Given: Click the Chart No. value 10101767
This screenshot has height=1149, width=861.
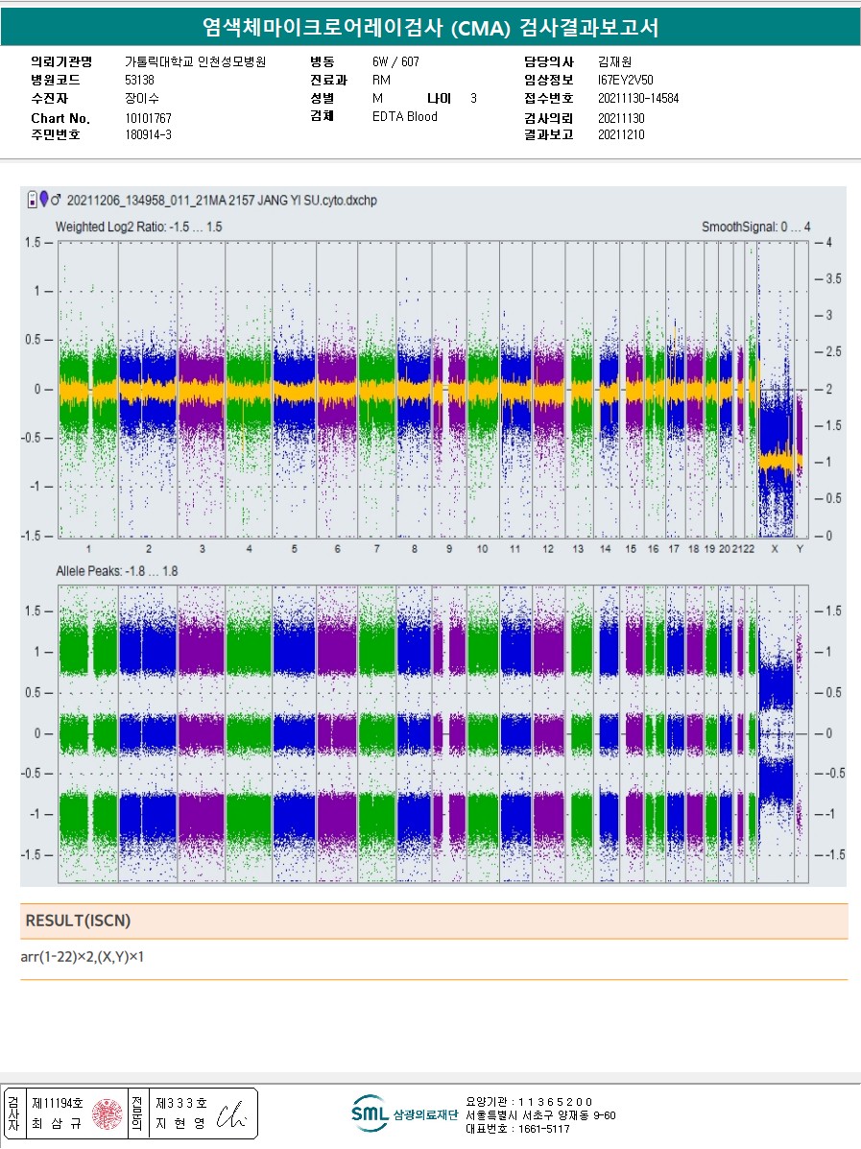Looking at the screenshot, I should tap(148, 118).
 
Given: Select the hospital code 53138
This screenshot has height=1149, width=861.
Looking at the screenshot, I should tap(139, 80).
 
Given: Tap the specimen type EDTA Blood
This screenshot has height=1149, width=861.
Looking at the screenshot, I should tap(404, 117).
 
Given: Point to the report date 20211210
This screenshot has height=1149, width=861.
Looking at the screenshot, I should tap(621, 135).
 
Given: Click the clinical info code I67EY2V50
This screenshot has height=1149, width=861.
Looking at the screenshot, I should tap(625, 80).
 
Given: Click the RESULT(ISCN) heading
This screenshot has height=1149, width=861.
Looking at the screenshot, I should tap(78, 921).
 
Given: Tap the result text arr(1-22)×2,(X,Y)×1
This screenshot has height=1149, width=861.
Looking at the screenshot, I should tap(82, 957).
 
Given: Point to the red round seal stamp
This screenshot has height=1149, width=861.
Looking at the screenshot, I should tap(108, 1113).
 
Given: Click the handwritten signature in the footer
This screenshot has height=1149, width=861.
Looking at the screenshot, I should tap(232, 1113).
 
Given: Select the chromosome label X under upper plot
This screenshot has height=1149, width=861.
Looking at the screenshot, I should tap(775, 548).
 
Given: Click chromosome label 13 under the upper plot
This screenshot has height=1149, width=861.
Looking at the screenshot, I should tap(578, 548).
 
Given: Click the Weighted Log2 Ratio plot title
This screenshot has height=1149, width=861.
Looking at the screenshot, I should tap(139, 227).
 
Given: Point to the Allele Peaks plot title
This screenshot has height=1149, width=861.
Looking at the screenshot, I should tap(116, 571).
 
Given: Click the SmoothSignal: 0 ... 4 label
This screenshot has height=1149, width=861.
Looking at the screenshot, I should tap(755, 227).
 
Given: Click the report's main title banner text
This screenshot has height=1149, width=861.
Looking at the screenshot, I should tap(431, 28).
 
